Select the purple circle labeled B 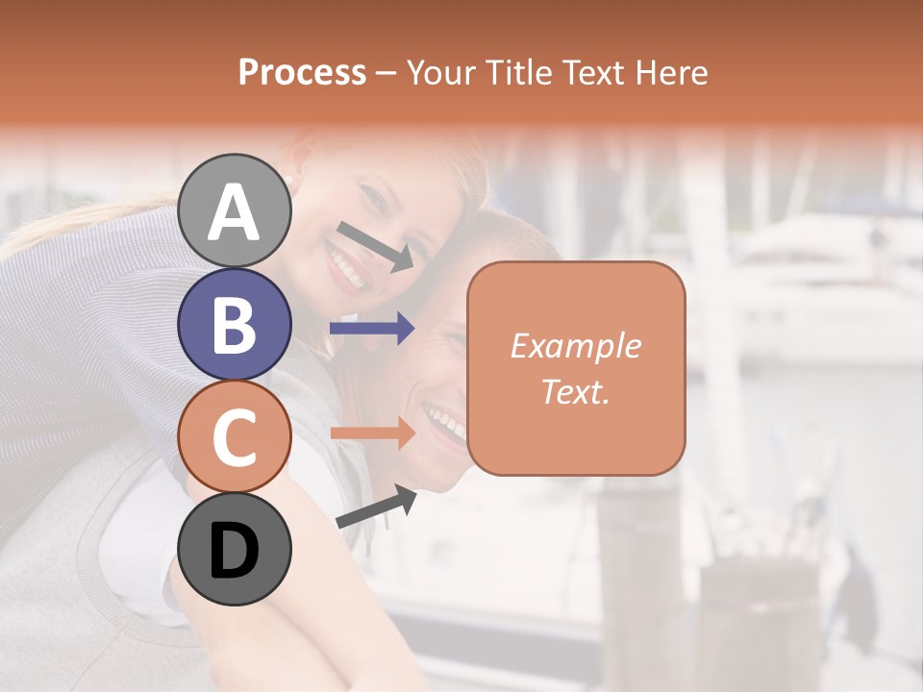[235, 324]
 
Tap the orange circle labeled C [235, 436]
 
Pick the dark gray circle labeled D [235, 549]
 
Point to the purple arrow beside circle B [372, 329]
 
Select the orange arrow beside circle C [372, 432]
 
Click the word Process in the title [302, 73]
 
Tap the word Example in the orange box [575, 346]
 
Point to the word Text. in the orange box [575, 391]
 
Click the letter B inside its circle [234, 325]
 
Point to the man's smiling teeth [444, 419]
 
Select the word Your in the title [437, 73]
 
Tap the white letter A [234, 212]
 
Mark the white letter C [234, 438]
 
